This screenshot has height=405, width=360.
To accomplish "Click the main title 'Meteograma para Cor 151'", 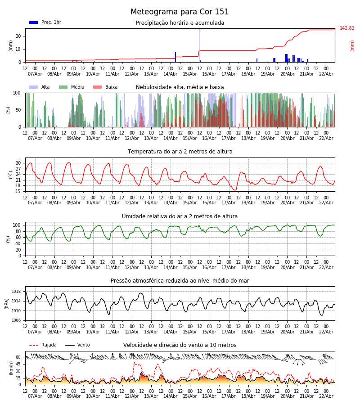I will click(180, 12).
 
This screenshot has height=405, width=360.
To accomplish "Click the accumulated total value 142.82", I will click(347, 28).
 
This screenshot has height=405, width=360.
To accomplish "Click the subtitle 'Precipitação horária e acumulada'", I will click(180, 23).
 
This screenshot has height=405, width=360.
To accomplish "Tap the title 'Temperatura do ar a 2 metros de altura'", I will click(180, 152).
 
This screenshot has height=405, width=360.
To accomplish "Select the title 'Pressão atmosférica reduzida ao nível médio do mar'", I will click(180, 281).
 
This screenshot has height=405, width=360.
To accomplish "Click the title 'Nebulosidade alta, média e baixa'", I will click(180, 87).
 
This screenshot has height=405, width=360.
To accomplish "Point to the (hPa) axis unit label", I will click(7, 303).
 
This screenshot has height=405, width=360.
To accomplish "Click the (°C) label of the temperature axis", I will click(11, 175).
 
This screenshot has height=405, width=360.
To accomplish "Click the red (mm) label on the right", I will click(352, 45).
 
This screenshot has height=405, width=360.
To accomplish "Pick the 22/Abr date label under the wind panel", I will click(326, 396).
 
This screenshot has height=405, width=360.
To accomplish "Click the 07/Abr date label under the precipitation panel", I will click(35, 74).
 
